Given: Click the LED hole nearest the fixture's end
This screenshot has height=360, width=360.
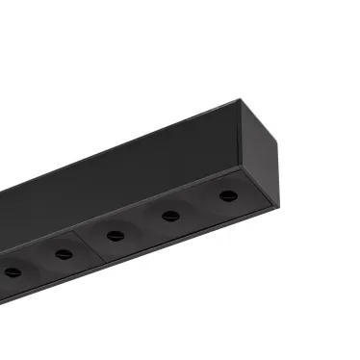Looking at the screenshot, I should coord(227,195).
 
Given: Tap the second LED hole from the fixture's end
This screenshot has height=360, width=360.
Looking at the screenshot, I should coord(171,215).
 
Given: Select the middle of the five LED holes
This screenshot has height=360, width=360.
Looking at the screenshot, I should coord(116,235).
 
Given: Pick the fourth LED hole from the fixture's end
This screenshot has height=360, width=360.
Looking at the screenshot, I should coord(64,254).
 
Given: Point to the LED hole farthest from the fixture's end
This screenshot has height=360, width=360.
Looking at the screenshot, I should coord(13,272).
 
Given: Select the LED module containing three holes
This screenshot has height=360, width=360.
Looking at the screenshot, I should coord(173,218).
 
